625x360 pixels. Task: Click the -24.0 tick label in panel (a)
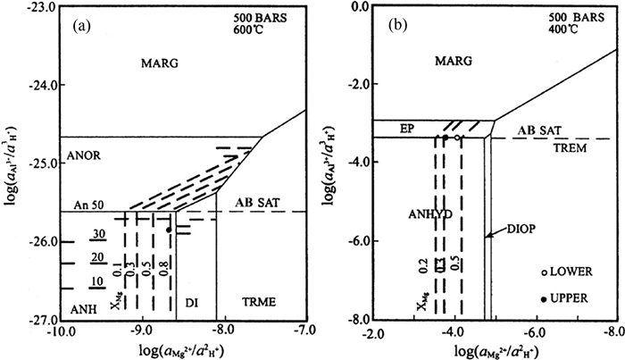[37, 86]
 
